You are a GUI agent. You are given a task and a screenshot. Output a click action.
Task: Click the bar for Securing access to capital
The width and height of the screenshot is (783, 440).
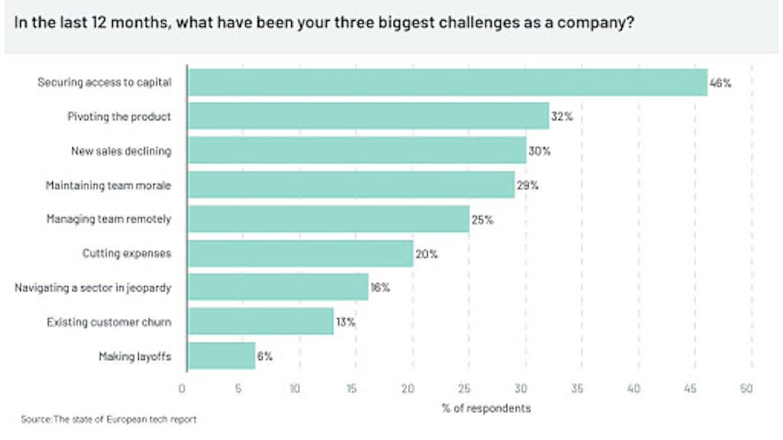[x=448, y=82]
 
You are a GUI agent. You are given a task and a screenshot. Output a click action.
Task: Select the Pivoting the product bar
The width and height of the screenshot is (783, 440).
[x=369, y=116]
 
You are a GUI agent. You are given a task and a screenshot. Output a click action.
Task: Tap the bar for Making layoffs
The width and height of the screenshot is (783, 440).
[x=222, y=356]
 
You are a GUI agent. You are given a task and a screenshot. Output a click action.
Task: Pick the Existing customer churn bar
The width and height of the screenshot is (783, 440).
[x=261, y=321]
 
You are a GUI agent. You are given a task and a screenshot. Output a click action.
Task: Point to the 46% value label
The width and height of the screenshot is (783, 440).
[x=720, y=83]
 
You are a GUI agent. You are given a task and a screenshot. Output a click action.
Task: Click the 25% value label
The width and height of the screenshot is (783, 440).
[x=482, y=220]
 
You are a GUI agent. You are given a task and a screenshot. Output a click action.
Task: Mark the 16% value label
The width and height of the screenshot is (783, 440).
[x=380, y=287]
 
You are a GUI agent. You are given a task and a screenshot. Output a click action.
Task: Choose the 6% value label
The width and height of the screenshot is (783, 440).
[x=265, y=356]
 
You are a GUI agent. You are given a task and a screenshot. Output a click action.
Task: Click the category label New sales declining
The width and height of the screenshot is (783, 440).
[x=121, y=151]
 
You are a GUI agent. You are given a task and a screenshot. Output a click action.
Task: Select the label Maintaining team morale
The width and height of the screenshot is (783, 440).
[x=108, y=185]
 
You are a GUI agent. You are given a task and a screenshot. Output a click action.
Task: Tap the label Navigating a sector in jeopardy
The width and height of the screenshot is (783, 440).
[x=93, y=287]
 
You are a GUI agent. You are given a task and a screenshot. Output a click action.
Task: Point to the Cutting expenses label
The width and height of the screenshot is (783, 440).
[x=127, y=253]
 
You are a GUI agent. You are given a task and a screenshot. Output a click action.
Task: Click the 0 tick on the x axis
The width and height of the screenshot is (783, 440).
[x=182, y=389]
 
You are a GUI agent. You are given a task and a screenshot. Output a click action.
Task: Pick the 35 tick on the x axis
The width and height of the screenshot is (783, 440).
[x=577, y=389]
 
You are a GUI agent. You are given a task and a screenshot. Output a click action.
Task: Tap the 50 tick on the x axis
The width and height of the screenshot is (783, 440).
[x=746, y=389]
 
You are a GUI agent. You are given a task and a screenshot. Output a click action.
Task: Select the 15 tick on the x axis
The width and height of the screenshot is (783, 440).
[x=351, y=389]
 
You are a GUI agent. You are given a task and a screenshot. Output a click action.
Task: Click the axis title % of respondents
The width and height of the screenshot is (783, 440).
[x=486, y=408]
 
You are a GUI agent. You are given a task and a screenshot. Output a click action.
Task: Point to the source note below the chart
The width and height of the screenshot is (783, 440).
[x=109, y=419]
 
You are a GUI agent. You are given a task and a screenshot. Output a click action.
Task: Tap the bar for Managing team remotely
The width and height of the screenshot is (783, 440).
[x=329, y=219]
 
